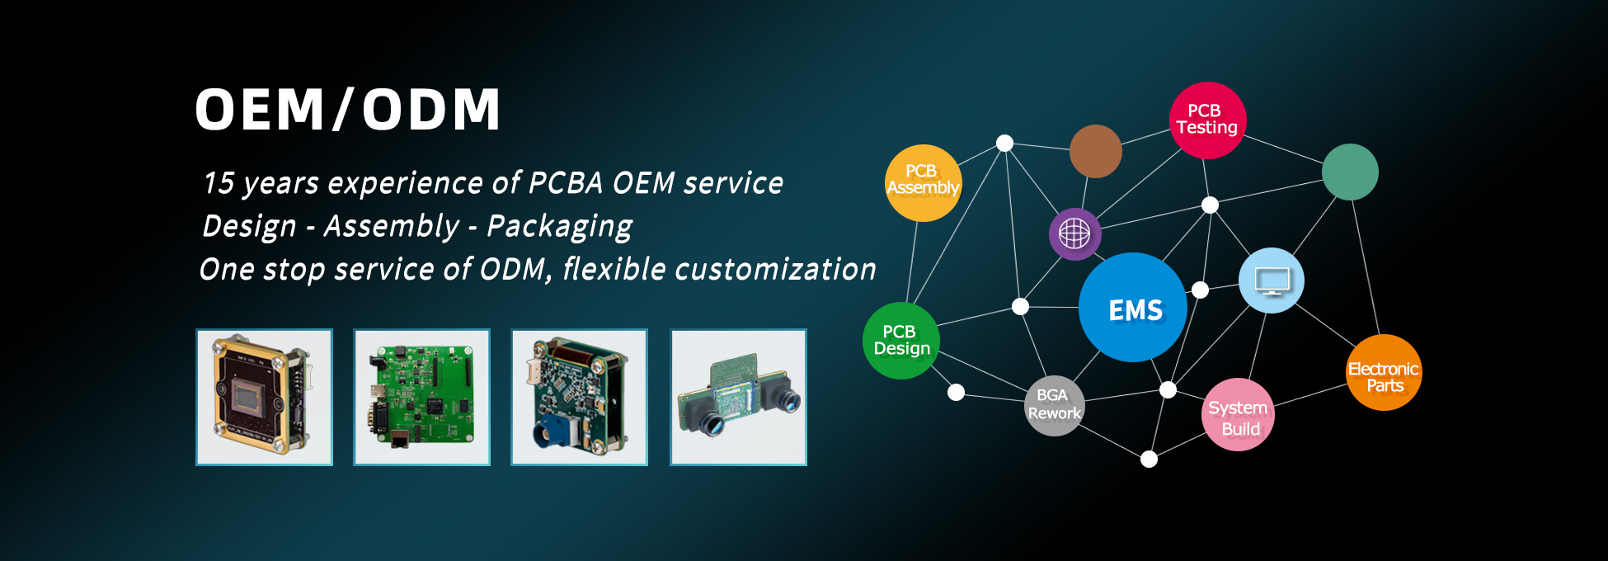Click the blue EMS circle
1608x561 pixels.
tap(1133, 307)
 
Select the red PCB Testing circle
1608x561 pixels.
tap(1207, 120)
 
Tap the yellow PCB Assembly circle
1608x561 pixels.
tap(923, 183)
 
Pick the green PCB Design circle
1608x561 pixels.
tap(900, 341)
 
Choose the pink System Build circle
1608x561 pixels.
tap(1238, 414)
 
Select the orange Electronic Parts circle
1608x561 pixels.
tap(1384, 372)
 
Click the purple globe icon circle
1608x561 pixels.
tap(1074, 234)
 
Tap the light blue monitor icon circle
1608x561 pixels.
tap(1272, 280)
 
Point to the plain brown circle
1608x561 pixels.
tap(1095, 151)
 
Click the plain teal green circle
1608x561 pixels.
tap(1350, 172)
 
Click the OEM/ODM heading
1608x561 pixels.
tap(347, 110)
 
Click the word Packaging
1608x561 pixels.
tap(559, 227)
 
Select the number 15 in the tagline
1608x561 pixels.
tap(219, 183)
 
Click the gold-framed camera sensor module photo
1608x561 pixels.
tap(264, 397)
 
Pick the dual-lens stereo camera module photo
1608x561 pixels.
tap(738, 397)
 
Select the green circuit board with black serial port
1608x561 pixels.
tap(421, 397)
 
